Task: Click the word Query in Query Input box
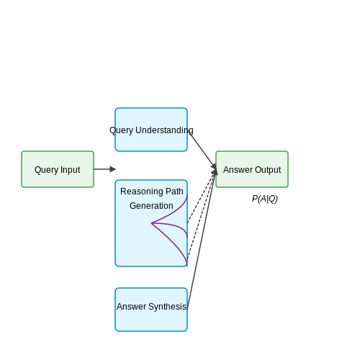pyautogui.click(x=46, y=170)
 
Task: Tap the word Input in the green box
pyautogui.click(x=71, y=170)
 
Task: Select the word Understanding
pyautogui.click(x=164, y=130)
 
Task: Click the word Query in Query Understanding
pyautogui.click(x=121, y=130)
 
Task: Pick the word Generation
pyautogui.click(x=151, y=206)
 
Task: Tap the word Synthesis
pyautogui.click(x=168, y=307)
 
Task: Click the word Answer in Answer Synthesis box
pyautogui.click(x=132, y=307)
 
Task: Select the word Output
pyautogui.click(x=268, y=170)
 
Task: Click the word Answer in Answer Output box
pyautogui.click(x=238, y=170)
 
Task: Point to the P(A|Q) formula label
pyautogui.click(x=265, y=199)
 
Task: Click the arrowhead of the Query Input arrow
pyautogui.click(x=113, y=169)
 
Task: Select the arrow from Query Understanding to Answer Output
pyautogui.click(x=203, y=151)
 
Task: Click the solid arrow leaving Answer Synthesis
pyautogui.click(x=202, y=238)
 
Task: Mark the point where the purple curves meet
pyautogui.click(x=151, y=223)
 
